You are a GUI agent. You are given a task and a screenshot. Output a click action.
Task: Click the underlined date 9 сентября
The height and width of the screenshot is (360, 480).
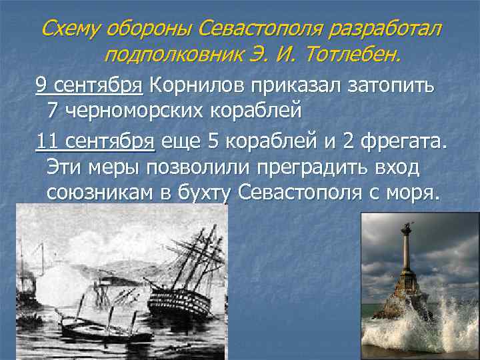click(x=89, y=85)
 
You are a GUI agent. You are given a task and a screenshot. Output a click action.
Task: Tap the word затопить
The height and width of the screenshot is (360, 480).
click(x=395, y=85)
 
